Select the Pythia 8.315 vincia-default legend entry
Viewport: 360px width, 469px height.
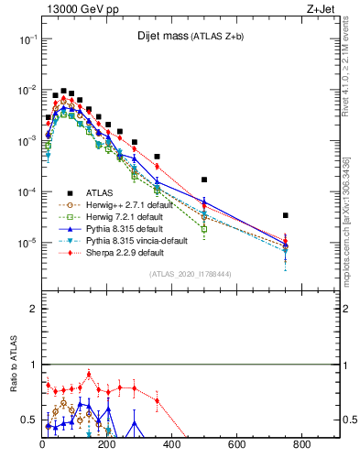click(128, 240)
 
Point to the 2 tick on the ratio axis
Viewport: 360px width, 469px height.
click(32, 309)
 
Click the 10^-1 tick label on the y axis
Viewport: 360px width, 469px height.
click(26, 39)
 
